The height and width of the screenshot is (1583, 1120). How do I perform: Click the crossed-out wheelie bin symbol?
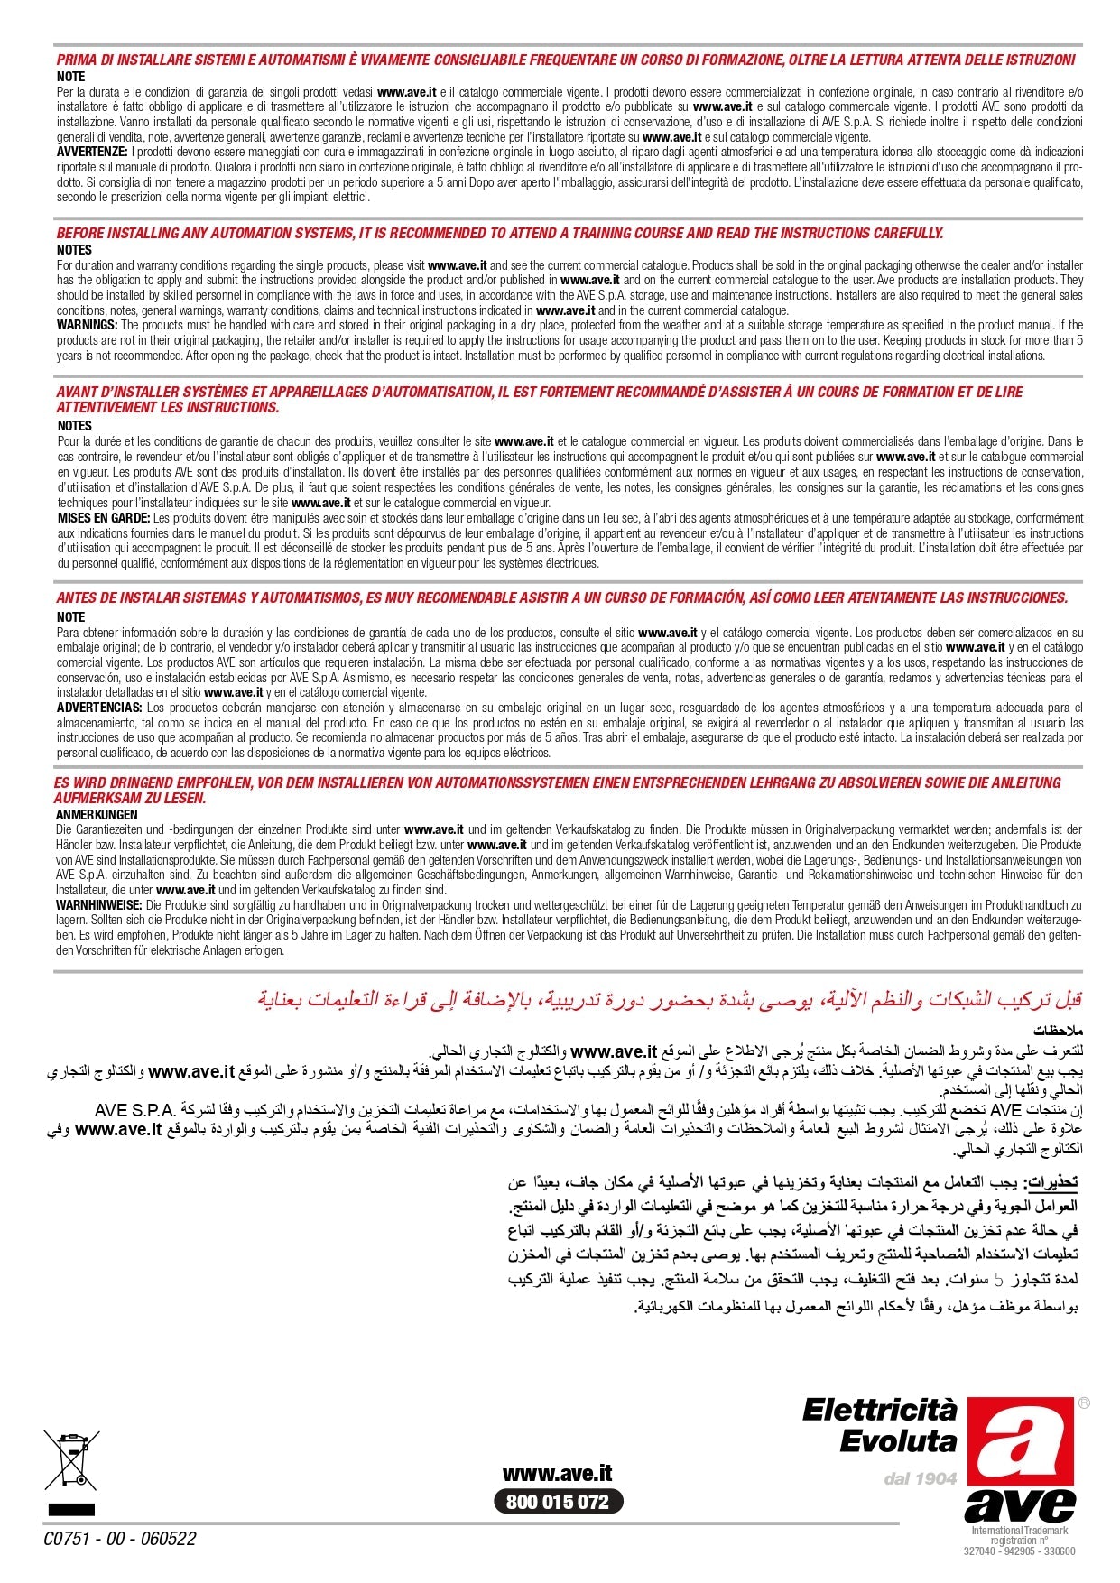point(70,1459)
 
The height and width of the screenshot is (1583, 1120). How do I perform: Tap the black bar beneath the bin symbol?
point(71,1508)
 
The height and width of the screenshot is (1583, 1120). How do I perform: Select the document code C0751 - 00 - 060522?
point(120,1539)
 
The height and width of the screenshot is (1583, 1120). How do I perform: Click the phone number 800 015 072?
point(558,1502)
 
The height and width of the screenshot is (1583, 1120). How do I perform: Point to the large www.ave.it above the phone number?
point(557,1474)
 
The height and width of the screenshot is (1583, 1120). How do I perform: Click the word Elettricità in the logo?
point(879,1410)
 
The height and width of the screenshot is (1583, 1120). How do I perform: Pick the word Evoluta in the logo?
point(897,1441)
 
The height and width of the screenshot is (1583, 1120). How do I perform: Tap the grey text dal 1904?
point(920,1478)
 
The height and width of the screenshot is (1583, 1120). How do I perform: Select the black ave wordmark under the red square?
point(1020,1504)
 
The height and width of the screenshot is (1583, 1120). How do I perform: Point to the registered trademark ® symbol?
point(1083,1403)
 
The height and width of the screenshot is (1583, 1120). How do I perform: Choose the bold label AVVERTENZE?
point(92,152)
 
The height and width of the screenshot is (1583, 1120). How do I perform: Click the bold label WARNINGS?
point(87,325)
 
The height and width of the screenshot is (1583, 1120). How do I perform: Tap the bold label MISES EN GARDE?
point(104,518)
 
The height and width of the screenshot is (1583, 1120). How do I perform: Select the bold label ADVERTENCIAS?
point(99,708)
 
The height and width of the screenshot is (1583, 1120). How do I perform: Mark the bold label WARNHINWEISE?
point(98,904)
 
